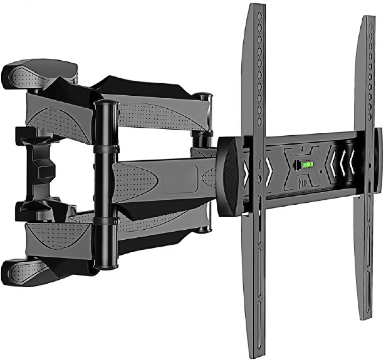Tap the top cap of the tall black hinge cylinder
(105, 104)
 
